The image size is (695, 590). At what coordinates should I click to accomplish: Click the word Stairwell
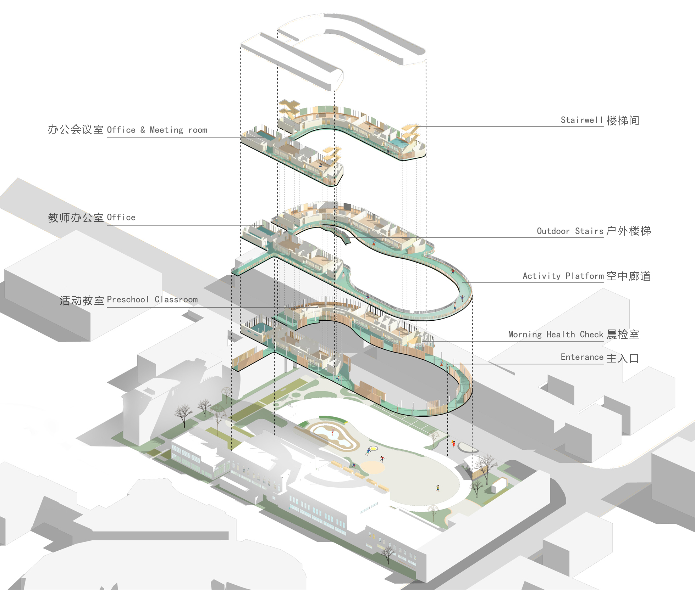pyautogui.click(x=581, y=120)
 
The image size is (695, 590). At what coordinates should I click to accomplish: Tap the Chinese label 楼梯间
pyautogui.click(x=623, y=120)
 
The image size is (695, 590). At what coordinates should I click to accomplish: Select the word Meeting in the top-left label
pyautogui.click(x=166, y=130)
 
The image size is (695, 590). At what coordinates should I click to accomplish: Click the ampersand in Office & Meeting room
pyautogui.click(x=143, y=130)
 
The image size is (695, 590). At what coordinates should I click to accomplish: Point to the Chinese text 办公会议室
pyautogui.click(x=76, y=129)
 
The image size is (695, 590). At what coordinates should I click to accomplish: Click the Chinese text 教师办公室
pyautogui.click(x=76, y=217)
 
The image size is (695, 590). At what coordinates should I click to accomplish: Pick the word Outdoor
pyautogui.click(x=553, y=231)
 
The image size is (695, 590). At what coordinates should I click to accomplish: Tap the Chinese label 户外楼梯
pyautogui.click(x=628, y=231)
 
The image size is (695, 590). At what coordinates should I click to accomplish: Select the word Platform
pyautogui.click(x=584, y=276)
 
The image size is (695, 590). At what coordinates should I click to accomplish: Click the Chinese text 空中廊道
pyautogui.click(x=628, y=276)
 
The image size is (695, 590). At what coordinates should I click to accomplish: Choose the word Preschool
pyautogui.click(x=128, y=300)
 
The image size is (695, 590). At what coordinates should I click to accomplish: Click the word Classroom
pyautogui.click(x=176, y=300)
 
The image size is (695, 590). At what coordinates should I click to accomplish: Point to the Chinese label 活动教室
pyautogui.click(x=82, y=300)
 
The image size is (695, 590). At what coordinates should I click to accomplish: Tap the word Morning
pyautogui.click(x=525, y=335)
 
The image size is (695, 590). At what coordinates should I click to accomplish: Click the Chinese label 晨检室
pyautogui.click(x=623, y=334)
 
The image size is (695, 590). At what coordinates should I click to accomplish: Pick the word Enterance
pyautogui.click(x=582, y=357)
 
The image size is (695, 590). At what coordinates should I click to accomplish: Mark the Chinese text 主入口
pyautogui.click(x=623, y=358)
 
